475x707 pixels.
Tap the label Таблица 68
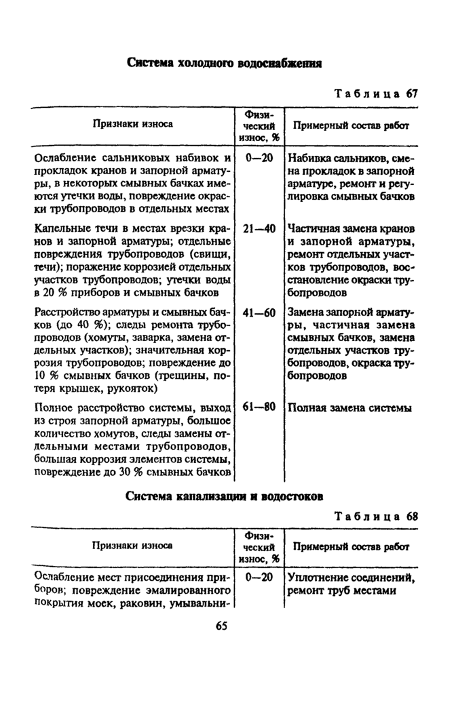pyautogui.click(x=376, y=515)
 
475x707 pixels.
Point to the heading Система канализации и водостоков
pyautogui.click(x=224, y=496)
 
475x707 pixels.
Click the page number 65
pyautogui.click(x=222, y=626)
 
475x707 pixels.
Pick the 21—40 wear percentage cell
pyautogui.click(x=258, y=228)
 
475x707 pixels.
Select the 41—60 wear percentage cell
pyautogui.click(x=258, y=312)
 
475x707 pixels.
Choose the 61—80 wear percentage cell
pyautogui.click(x=258, y=407)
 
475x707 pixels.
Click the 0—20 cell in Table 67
pyautogui.click(x=258, y=158)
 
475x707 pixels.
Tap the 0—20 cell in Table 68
pyautogui.click(x=258, y=578)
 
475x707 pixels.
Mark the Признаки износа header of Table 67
pyautogui.click(x=133, y=124)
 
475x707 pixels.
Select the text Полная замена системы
pyautogui.click(x=349, y=408)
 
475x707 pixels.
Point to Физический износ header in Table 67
pyautogui.click(x=258, y=125)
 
